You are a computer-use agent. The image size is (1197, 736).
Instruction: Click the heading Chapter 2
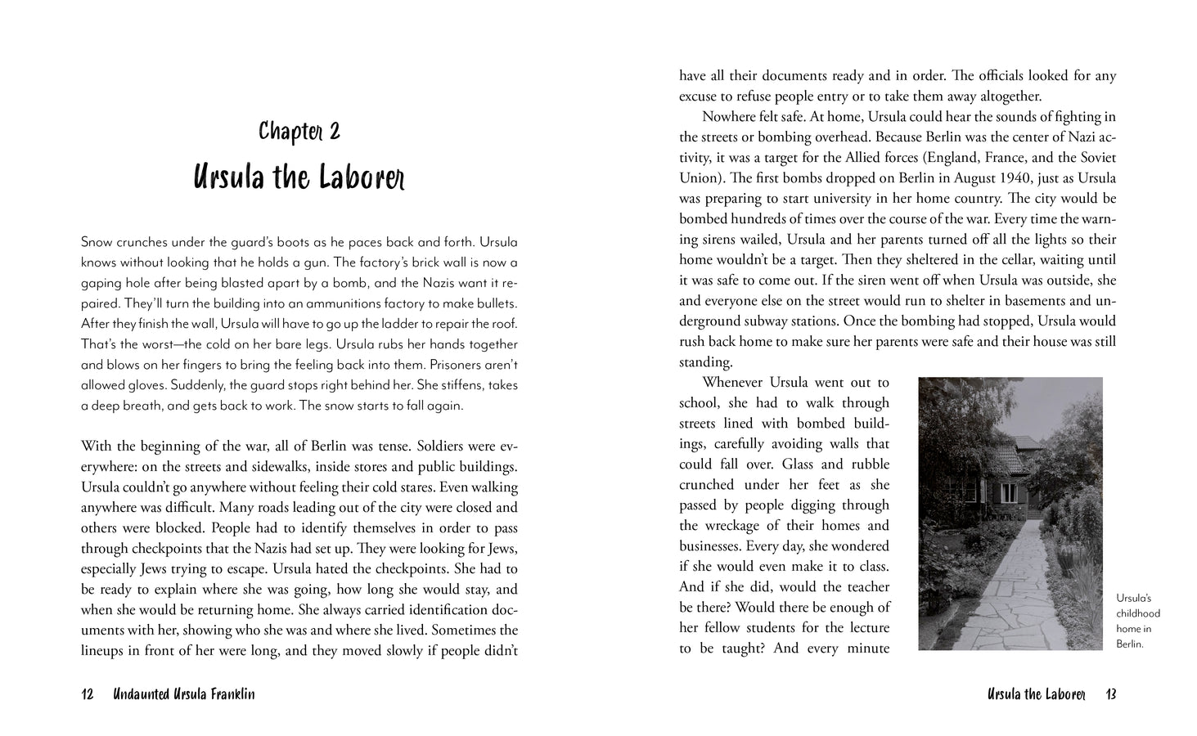tap(299, 132)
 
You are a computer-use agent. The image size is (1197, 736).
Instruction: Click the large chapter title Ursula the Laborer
tap(299, 177)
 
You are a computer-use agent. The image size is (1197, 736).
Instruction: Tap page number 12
tap(88, 694)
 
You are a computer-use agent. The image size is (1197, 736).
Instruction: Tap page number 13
tap(1110, 694)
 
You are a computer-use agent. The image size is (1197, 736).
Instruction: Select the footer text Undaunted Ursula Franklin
tap(184, 694)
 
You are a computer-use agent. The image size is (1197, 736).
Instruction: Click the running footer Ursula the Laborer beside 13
tap(1037, 694)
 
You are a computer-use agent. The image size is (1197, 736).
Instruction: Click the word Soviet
tap(1096, 158)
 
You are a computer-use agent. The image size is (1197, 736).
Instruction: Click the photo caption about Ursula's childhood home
tap(1137, 622)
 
